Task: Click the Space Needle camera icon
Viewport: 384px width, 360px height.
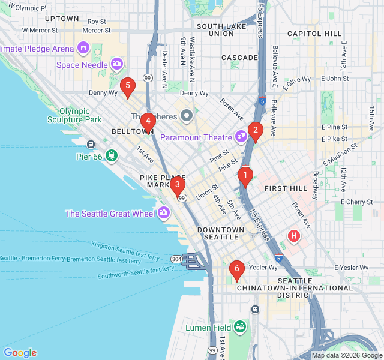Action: pyautogui.click(x=117, y=63)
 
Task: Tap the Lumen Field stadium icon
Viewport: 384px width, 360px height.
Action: pyautogui.click(x=240, y=327)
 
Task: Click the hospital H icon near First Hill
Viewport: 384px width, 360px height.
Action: pyautogui.click(x=293, y=236)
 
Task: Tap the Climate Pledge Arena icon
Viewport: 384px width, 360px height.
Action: pyautogui.click(x=83, y=48)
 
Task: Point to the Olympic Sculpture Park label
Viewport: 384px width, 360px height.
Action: pyautogui.click(x=80, y=115)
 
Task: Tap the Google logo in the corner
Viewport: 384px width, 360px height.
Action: pyautogui.click(x=20, y=353)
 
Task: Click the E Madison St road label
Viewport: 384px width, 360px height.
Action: pyautogui.click(x=340, y=154)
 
